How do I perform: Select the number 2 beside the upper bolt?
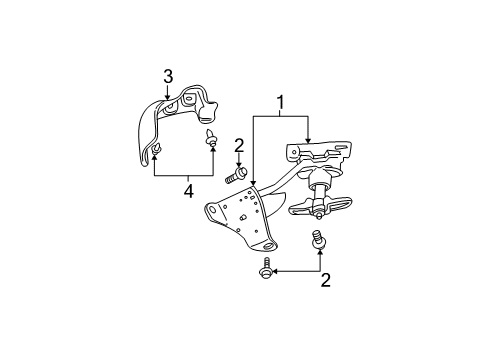click(x=239, y=146)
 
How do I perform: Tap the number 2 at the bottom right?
click(x=325, y=281)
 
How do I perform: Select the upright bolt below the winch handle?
click(x=319, y=241)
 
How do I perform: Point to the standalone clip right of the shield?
click(x=211, y=138)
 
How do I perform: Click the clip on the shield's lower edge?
click(x=158, y=151)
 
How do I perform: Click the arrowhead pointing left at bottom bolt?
click(x=277, y=270)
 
